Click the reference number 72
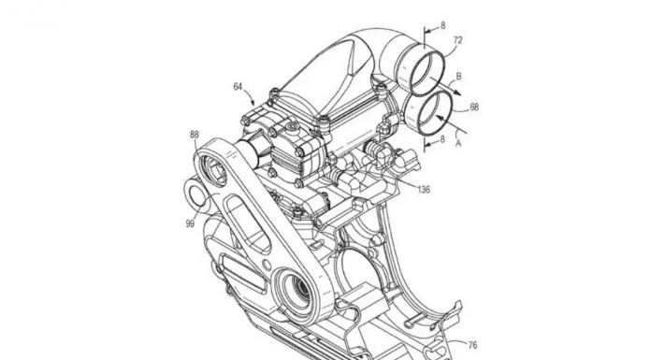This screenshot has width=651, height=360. [x=457, y=40]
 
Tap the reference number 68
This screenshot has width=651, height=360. [x=473, y=108]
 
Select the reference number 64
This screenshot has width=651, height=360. [x=238, y=87]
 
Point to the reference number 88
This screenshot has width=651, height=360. [x=195, y=134]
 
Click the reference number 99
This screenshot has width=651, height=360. [x=190, y=223]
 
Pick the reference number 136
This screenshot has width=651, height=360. [x=424, y=190]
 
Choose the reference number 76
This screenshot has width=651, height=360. [x=472, y=345]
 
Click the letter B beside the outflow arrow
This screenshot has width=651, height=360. [x=458, y=77]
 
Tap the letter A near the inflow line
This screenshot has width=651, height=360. [x=458, y=143]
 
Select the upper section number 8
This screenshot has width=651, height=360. [x=442, y=26]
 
